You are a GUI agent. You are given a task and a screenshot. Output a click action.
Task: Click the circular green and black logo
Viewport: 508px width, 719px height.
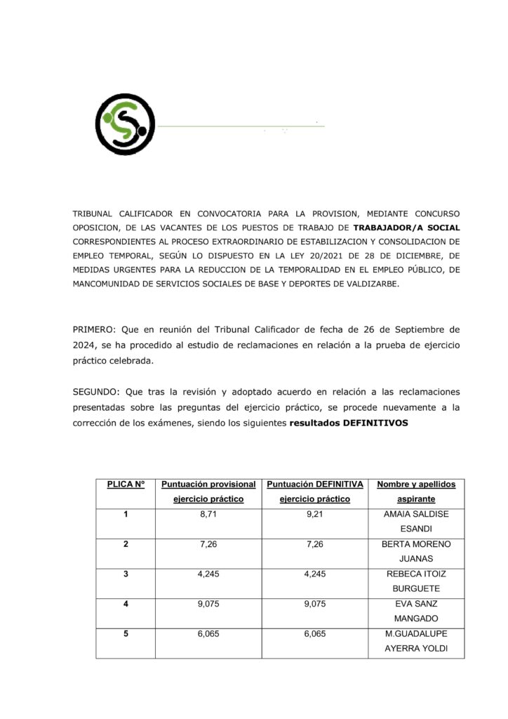[x=125, y=124]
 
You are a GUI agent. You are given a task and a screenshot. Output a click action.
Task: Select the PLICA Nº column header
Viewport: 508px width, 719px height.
[x=126, y=484]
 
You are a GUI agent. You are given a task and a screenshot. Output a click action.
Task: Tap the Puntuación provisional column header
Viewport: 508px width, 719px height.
[x=208, y=492]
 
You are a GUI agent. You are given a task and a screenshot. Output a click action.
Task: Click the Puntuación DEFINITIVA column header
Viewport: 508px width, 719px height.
[x=314, y=492]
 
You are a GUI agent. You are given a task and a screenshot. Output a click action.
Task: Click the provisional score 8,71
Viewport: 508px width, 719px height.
[x=208, y=515]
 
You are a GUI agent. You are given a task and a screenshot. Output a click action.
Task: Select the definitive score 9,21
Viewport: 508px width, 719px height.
[x=314, y=515]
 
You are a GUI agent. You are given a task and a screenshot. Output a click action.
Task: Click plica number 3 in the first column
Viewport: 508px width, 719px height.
[x=126, y=574]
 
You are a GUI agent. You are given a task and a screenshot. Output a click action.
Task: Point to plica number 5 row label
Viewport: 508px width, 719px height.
[x=126, y=633]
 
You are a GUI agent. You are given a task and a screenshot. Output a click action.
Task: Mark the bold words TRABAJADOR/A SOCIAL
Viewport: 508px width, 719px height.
[x=407, y=227]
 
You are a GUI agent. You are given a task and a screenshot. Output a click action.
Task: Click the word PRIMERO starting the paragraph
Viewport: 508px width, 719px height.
[x=95, y=329]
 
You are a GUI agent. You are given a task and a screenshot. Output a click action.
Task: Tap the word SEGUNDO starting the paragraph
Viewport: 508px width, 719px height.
[x=96, y=392]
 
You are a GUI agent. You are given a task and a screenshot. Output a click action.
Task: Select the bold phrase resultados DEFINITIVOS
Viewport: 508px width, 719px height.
[x=349, y=423]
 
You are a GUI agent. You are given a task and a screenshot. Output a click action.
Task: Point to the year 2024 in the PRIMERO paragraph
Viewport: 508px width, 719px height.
[x=85, y=345]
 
